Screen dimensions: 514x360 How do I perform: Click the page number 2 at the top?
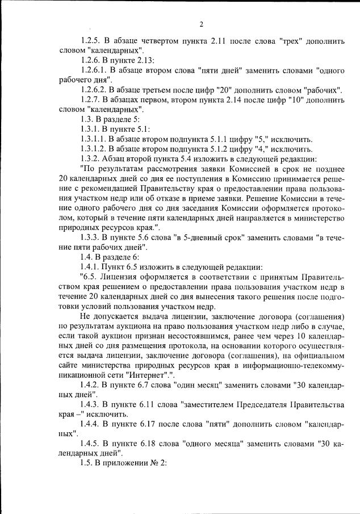(201, 24)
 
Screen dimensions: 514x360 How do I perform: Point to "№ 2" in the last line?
(157, 463)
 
